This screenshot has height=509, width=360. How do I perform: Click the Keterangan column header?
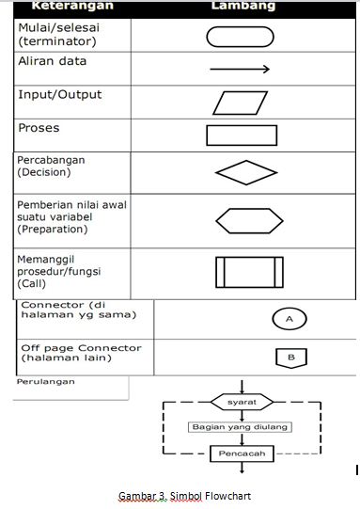tap(73, 6)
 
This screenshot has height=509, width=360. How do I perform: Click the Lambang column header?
tap(243, 6)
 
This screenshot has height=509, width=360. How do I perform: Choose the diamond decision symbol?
tap(246, 174)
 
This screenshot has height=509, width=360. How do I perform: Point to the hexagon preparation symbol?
tap(248, 220)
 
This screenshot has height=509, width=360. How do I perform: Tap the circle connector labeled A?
tap(290, 320)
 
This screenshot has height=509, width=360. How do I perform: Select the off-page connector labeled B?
tap(290, 358)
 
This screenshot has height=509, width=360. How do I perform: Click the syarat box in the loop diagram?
tap(242, 402)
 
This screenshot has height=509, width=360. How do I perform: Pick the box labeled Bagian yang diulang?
tap(241, 426)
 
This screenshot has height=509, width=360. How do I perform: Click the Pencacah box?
tap(242, 453)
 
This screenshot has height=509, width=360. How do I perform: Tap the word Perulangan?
tap(46, 382)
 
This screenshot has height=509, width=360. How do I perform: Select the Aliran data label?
tap(52, 61)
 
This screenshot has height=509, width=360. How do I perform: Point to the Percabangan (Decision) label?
tap(52, 166)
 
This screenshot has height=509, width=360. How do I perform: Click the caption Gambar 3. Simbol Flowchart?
tap(184, 496)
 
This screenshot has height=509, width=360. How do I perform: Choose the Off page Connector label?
tap(82, 354)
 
